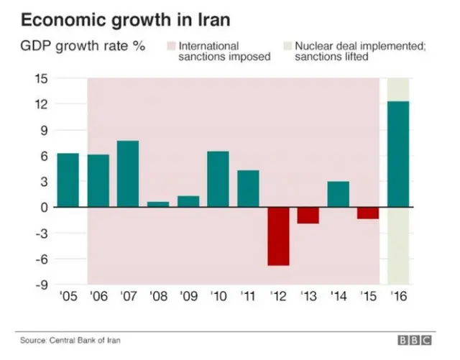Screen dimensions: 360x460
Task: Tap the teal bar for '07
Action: tap(127, 173)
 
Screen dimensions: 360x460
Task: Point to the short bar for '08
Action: tap(157, 204)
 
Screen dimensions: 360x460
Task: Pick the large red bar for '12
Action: tap(278, 236)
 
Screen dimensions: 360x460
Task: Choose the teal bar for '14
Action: tap(339, 194)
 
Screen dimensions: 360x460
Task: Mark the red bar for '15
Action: tap(369, 213)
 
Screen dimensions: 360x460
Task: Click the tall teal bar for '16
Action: tap(398, 154)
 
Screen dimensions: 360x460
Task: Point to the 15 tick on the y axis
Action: tap(41, 78)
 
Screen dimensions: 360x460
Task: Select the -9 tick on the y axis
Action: tap(42, 285)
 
